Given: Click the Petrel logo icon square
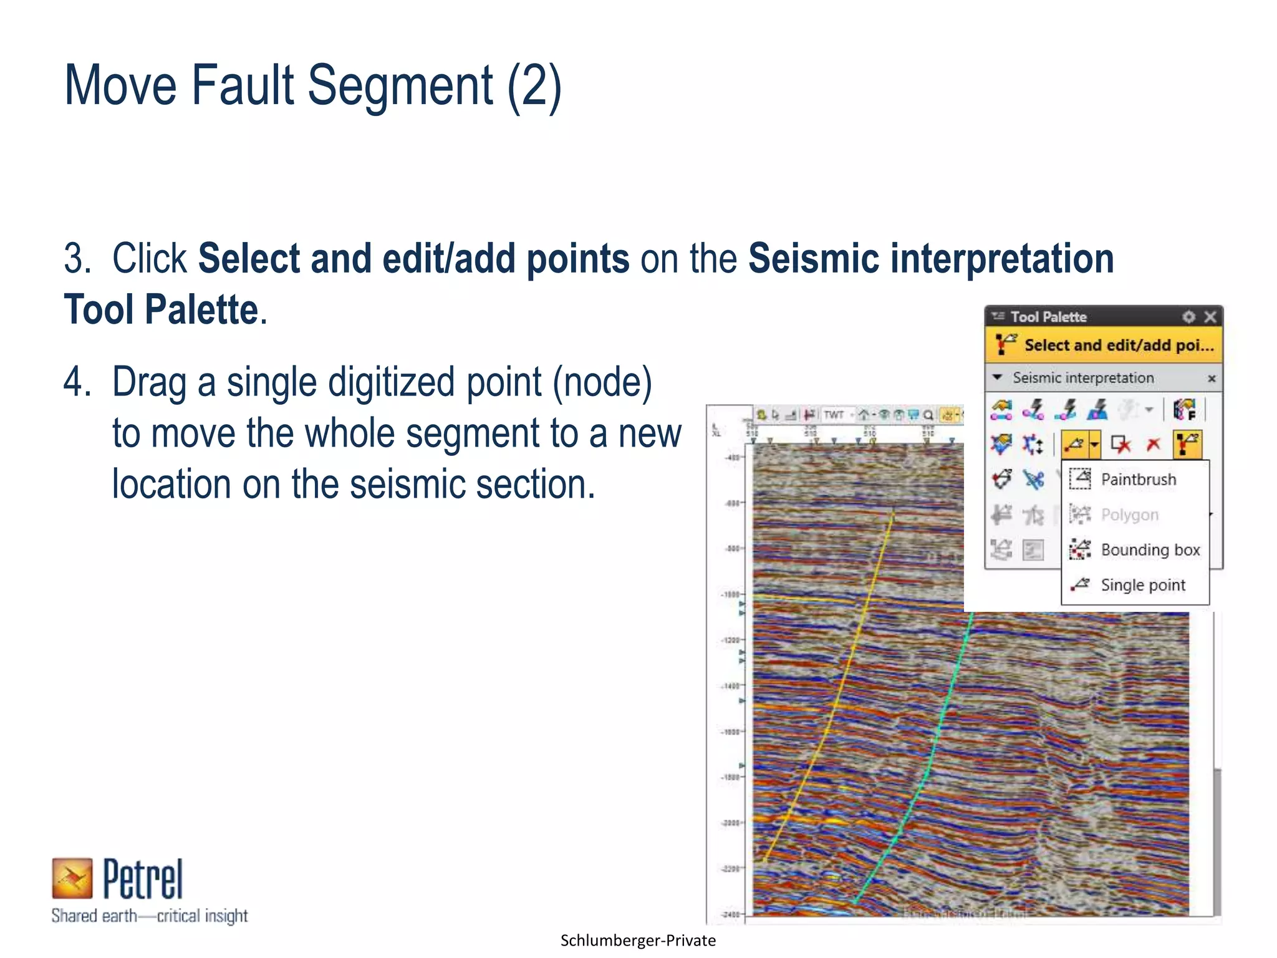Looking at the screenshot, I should pyautogui.click(x=72, y=878).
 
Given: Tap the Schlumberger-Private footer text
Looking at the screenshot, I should pyautogui.click(x=638, y=941).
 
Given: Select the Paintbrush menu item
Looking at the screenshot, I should pyautogui.click(x=1138, y=479).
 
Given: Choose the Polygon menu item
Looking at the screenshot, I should pyautogui.click(x=1129, y=515).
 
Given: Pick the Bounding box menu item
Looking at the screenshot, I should pyautogui.click(x=1150, y=549).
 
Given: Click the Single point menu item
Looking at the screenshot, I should pyautogui.click(x=1142, y=585).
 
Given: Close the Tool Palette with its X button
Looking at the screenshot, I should pyautogui.click(x=1210, y=317).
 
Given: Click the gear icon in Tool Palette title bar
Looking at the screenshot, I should pyautogui.click(x=1189, y=317).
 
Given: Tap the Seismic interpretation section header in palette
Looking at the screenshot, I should pyautogui.click(x=1083, y=378).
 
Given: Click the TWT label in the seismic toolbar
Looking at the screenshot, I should pyautogui.click(x=834, y=415).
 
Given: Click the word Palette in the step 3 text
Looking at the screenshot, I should pyautogui.click(x=201, y=309).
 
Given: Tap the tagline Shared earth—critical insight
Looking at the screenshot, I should pyautogui.click(x=150, y=916).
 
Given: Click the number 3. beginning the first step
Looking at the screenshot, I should pyautogui.click(x=78, y=258).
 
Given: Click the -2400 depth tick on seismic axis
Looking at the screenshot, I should pyautogui.click(x=731, y=914).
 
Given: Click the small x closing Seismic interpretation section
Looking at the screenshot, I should pyautogui.click(x=1212, y=379).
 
